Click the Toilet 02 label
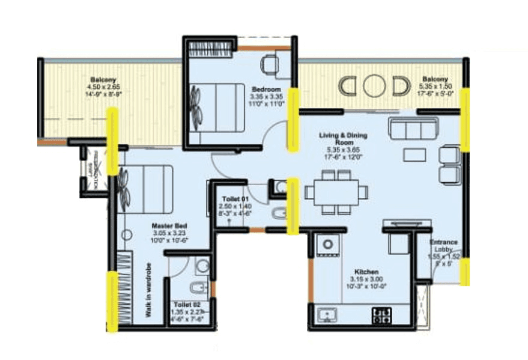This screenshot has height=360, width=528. pyautogui.click(x=185, y=305)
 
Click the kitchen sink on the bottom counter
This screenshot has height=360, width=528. pyautogui.click(x=328, y=313)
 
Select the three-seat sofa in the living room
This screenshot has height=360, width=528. pyautogui.click(x=413, y=129)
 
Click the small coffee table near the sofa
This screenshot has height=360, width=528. pyautogui.click(x=414, y=154)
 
